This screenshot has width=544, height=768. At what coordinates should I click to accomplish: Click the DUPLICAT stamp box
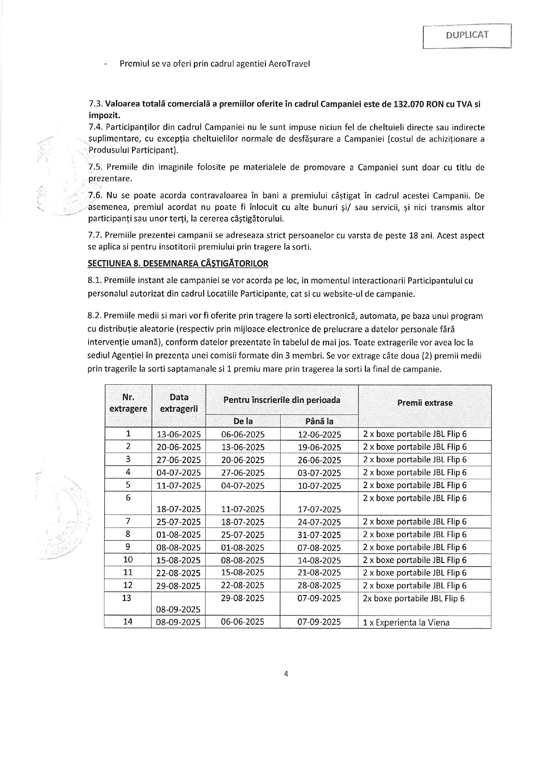(x=467, y=36)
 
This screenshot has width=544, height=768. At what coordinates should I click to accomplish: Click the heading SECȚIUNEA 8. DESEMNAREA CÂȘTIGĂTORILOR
(x=178, y=263)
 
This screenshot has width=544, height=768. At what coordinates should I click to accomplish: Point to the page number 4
(x=286, y=674)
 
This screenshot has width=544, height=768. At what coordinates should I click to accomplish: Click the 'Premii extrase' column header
(x=425, y=403)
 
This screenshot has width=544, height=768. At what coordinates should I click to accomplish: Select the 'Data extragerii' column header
(x=179, y=403)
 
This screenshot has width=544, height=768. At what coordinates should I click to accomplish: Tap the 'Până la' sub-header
(x=319, y=421)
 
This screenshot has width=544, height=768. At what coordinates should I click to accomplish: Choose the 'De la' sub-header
(x=243, y=421)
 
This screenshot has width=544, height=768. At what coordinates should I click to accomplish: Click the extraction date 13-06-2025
(x=179, y=435)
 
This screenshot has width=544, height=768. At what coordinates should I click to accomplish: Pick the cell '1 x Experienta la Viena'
(x=406, y=623)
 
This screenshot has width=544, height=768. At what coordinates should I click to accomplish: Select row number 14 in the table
(x=128, y=621)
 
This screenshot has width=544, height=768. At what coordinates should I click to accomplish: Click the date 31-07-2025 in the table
(x=319, y=535)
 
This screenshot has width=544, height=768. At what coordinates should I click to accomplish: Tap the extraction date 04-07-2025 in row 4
(x=179, y=473)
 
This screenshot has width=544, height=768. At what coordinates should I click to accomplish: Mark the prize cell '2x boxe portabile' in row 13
(x=413, y=598)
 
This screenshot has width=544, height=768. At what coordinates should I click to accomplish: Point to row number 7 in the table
(x=128, y=521)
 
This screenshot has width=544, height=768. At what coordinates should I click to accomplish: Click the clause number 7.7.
(x=95, y=236)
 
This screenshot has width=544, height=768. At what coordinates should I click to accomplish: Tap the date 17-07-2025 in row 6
(x=319, y=509)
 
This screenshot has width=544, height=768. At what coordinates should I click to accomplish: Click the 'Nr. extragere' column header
(x=128, y=403)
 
